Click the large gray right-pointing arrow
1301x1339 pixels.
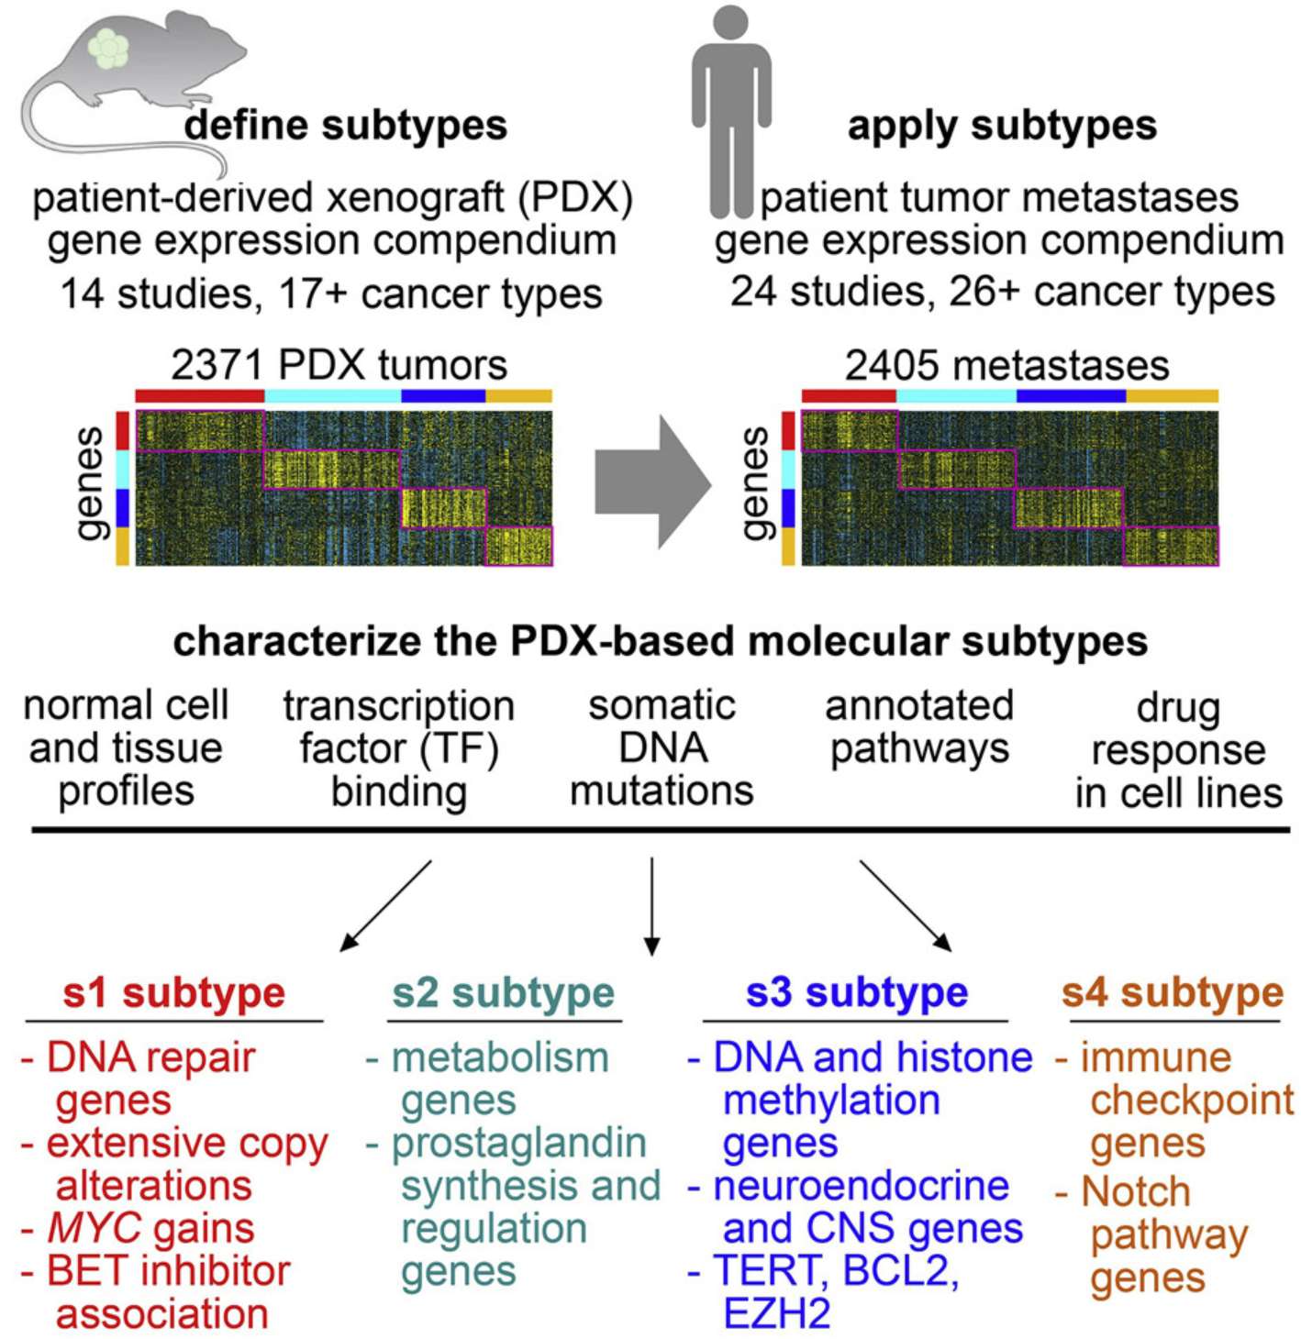[x=652, y=482]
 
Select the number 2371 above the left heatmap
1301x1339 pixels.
[x=217, y=365]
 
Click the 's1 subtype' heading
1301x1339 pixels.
[x=174, y=992]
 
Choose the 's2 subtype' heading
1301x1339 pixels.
[x=503, y=992]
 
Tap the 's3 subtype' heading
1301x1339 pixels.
[x=856, y=992]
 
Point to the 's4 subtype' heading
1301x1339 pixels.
[x=1173, y=992]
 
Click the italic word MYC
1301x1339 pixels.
[x=94, y=1228]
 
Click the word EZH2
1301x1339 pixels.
[x=776, y=1313]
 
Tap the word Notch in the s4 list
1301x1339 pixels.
[x=1136, y=1192]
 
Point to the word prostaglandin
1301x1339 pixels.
[x=519, y=1144]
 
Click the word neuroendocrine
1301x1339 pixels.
[x=861, y=1186]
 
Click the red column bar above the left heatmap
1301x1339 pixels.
[x=199, y=396]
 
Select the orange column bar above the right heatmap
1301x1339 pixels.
[x=1172, y=396]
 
